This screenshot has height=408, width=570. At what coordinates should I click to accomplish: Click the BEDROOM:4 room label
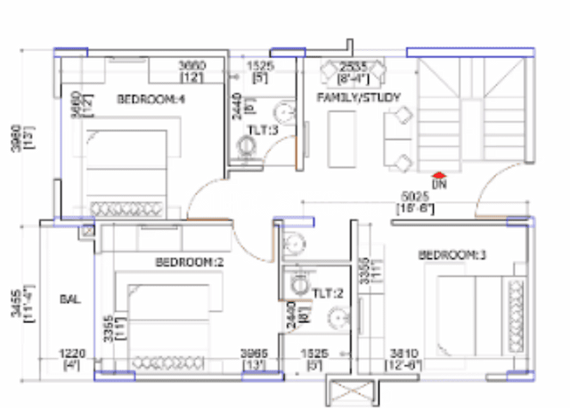(x=151, y=99)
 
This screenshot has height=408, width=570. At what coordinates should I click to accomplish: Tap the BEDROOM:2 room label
(x=188, y=263)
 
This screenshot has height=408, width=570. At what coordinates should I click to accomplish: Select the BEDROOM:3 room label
(x=453, y=256)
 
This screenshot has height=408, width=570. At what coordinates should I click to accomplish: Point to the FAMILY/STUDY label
(x=359, y=97)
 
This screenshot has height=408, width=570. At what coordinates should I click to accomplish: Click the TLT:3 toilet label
(x=262, y=130)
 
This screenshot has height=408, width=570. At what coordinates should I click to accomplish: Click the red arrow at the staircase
(x=437, y=175)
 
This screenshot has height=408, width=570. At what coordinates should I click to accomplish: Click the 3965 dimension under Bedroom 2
(x=253, y=354)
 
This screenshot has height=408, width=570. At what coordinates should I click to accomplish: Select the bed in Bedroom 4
(x=127, y=169)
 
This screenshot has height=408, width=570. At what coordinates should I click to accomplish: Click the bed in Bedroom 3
(x=479, y=313)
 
